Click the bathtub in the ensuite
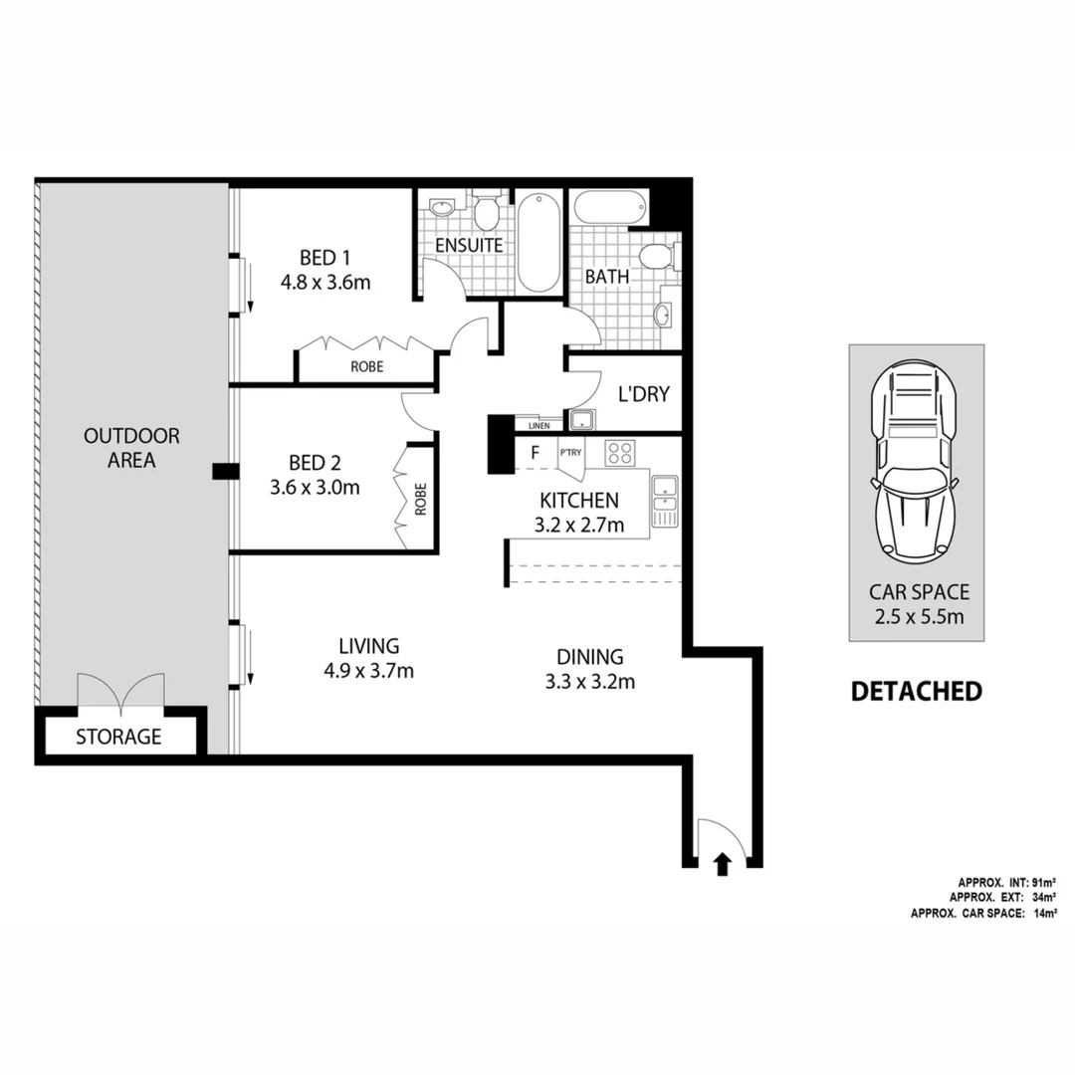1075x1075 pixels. coord(538,242)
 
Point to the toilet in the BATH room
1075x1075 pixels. coord(658,258)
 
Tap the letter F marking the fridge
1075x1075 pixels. coord(535,454)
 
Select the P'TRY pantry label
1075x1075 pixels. coord(570,454)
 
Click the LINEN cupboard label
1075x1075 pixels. coord(538,425)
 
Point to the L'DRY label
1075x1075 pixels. coord(643,394)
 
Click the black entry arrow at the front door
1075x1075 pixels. coord(723,865)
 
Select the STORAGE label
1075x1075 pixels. coord(118,738)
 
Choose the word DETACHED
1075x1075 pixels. coord(916,691)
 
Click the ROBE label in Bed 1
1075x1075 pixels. coord(366,366)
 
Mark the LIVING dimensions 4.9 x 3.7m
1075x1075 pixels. coord(368,671)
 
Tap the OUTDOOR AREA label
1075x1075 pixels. coord(131,448)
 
